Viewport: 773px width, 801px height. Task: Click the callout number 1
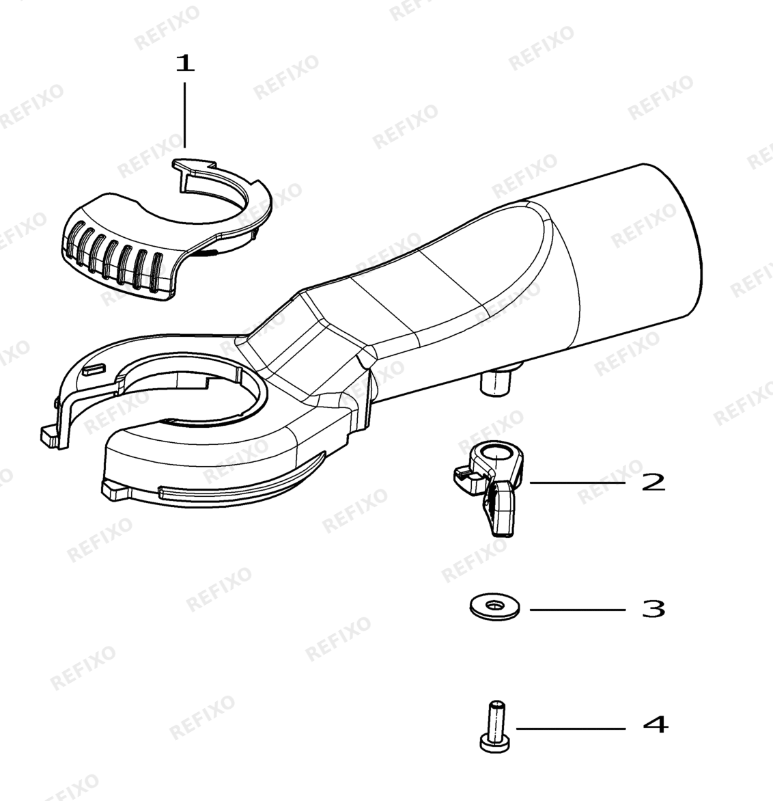(185, 64)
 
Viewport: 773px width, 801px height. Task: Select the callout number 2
(653, 483)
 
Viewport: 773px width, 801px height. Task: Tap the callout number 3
(653, 609)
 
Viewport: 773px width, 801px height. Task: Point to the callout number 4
(655, 724)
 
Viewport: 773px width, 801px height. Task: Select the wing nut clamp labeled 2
(489, 486)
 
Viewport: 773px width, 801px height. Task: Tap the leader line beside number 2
(578, 483)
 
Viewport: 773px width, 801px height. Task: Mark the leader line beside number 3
(578, 610)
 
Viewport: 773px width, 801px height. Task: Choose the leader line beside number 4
(571, 729)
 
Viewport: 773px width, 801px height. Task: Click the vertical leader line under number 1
(185, 116)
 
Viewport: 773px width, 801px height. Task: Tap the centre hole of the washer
(494, 606)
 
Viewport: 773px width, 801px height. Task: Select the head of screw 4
(495, 744)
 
